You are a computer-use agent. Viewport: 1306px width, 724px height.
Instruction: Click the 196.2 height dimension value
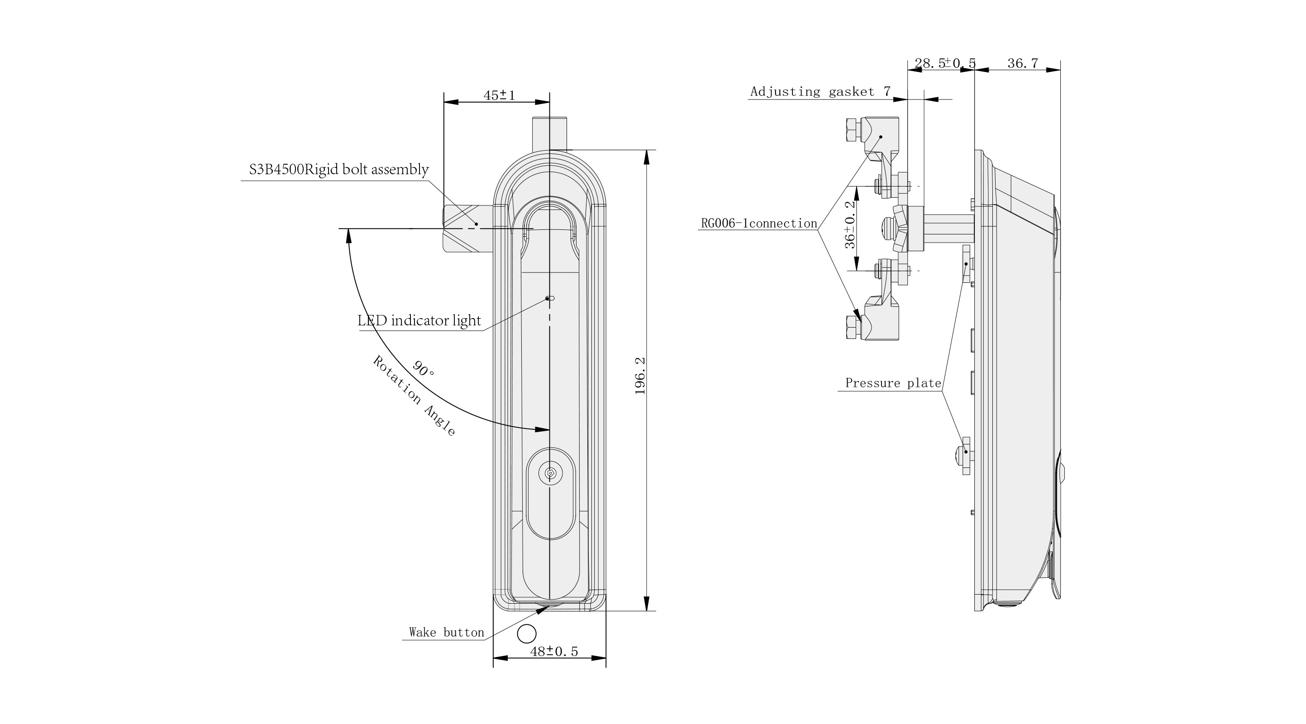pyautogui.click(x=640, y=376)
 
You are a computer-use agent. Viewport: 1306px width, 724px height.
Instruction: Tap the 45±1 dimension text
pyautogui.click(x=500, y=95)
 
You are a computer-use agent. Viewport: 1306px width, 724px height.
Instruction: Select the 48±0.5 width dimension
pyautogui.click(x=554, y=652)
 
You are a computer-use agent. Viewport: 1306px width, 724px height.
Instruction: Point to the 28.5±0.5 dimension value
pyautogui.click(x=945, y=63)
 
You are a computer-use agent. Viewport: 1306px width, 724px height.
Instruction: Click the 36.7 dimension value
pyautogui.click(x=1023, y=63)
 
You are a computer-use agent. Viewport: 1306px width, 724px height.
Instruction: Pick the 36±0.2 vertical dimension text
pyautogui.click(x=850, y=224)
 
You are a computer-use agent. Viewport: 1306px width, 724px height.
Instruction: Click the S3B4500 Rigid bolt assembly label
pyautogui.click(x=338, y=169)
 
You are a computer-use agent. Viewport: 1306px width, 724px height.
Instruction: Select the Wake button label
pyautogui.click(x=447, y=632)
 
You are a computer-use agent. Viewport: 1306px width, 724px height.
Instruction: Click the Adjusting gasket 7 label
pyautogui.click(x=820, y=92)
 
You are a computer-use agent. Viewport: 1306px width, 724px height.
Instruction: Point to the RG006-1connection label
pyautogui.click(x=759, y=223)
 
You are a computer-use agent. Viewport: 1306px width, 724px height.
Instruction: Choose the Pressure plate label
pyautogui.click(x=893, y=383)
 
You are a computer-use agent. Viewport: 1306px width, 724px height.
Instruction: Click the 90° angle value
pyautogui.click(x=423, y=369)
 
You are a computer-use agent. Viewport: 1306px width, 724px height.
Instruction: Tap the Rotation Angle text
pyautogui.click(x=414, y=396)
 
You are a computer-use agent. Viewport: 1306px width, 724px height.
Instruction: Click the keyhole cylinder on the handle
pyautogui.click(x=551, y=473)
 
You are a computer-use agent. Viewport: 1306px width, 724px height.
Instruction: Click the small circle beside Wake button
pyautogui.click(x=527, y=634)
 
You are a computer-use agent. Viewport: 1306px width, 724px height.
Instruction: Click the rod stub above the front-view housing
pyautogui.click(x=549, y=133)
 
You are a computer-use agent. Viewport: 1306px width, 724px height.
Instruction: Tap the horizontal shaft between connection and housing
pyautogui.click(x=949, y=229)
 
